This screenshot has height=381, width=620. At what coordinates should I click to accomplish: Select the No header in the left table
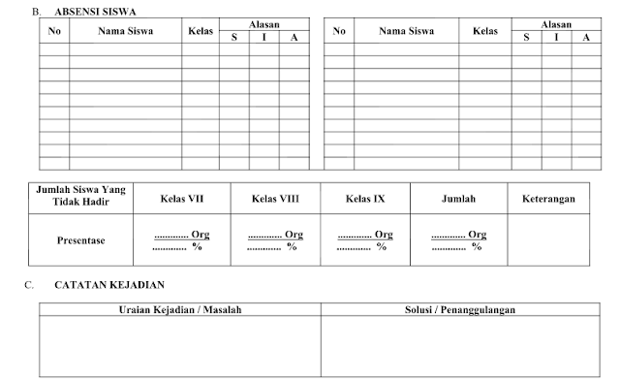pyautogui.click(x=54, y=31)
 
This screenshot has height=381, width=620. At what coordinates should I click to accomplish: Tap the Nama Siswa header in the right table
pyautogui.click(x=407, y=31)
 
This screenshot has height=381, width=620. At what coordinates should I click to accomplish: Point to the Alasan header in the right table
pyautogui.click(x=556, y=24)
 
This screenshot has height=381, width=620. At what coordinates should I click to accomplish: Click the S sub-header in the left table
pyautogui.click(x=234, y=38)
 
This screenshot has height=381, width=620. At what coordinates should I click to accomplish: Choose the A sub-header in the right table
pyautogui.click(x=586, y=38)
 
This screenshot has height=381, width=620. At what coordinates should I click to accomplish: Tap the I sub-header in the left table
pyautogui.click(x=264, y=38)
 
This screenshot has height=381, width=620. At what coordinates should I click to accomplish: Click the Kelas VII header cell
pyautogui.click(x=182, y=199)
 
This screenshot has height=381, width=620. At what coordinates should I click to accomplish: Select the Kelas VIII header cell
pyautogui.click(x=276, y=199)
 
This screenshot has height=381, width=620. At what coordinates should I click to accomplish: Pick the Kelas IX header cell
pyautogui.click(x=365, y=199)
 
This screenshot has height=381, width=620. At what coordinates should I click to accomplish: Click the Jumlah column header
pyautogui.click(x=458, y=199)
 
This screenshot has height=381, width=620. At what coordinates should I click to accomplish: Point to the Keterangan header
pyautogui.click(x=548, y=199)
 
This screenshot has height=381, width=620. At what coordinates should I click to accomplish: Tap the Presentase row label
pyautogui.click(x=81, y=239)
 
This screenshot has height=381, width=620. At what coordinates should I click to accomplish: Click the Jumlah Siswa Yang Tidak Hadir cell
pyautogui.click(x=81, y=198)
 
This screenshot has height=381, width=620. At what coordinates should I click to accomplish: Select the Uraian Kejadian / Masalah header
pyautogui.click(x=179, y=310)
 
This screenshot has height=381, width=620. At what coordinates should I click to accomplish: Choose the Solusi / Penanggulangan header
pyautogui.click(x=459, y=310)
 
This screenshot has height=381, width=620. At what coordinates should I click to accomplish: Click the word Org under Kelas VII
pyautogui.click(x=201, y=235)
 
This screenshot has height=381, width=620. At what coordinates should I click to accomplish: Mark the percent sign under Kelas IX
pyautogui.click(x=381, y=246)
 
